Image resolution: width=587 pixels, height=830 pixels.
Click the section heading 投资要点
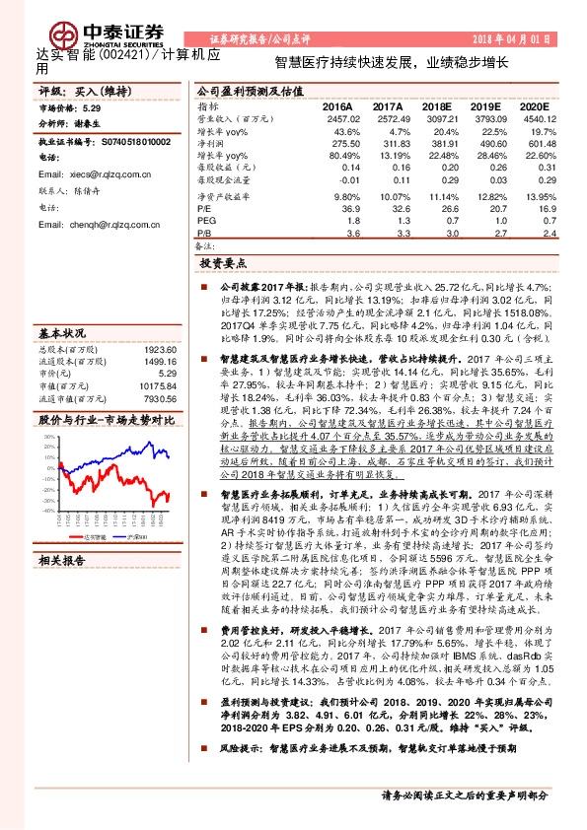point(221,264)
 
